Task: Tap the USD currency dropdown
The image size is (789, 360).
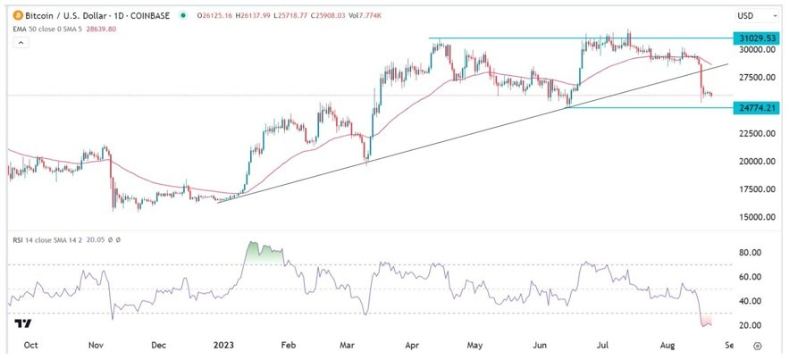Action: pos(748,16)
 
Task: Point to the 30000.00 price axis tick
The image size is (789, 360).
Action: pos(755,51)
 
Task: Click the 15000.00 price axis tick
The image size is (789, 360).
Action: pos(755,217)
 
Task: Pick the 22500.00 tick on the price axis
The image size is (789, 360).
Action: pos(755,134)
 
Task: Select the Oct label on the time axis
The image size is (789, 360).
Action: pos(29,344)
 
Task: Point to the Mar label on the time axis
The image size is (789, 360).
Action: pos(346,344)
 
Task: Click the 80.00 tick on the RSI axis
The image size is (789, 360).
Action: pos(750,253)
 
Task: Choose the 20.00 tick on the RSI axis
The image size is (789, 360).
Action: pos(750,325)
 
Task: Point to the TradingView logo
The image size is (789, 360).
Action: pos(24,322)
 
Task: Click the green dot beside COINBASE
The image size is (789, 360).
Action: pos(183,15)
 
